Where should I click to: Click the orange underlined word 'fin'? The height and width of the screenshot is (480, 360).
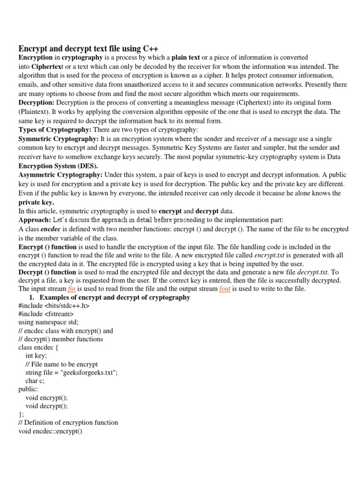71,289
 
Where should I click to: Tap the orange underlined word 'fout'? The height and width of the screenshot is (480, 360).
225,289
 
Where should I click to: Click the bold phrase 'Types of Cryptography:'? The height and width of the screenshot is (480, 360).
55,129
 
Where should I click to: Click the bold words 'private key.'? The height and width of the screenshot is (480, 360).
36,202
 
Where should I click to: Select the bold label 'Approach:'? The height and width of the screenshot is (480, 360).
34,220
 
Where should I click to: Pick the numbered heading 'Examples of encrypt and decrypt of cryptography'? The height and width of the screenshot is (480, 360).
115,297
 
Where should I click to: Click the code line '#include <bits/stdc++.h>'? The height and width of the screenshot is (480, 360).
54,306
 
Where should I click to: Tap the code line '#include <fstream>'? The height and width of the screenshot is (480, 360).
46,314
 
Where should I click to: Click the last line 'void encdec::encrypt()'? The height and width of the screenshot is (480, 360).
50,431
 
